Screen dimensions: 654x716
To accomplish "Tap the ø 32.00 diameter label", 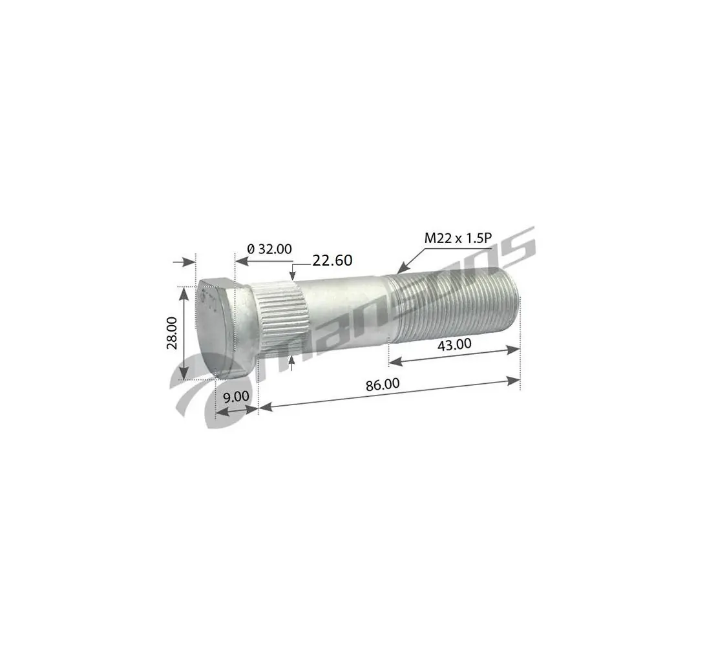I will click(x=269, y=249).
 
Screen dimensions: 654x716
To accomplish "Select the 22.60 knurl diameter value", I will click(x=332, y=260).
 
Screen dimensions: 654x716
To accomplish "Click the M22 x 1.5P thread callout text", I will click(x=458, y=238).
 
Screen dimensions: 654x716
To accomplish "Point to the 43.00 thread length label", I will click(x=454, y=344).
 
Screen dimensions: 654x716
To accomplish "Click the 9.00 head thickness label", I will click(x=236, y=396).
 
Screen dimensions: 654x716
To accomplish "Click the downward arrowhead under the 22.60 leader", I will click(x=293, y=279).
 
